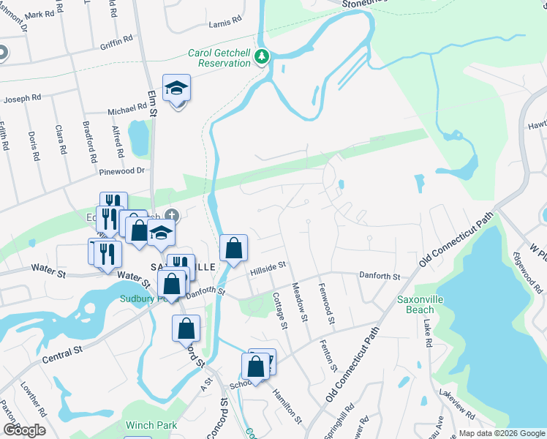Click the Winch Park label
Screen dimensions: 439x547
(151, 424)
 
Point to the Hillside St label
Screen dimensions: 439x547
(266, 269)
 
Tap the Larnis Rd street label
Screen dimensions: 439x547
(225, 23)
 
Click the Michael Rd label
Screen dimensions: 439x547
(127, 109)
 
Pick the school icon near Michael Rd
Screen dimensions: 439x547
(176, 89)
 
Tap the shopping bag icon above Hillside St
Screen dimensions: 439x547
(233, 248)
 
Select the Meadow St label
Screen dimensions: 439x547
(299, 299)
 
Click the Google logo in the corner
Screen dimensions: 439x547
(24, 430)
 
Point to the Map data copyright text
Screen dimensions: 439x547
(502, 433)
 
